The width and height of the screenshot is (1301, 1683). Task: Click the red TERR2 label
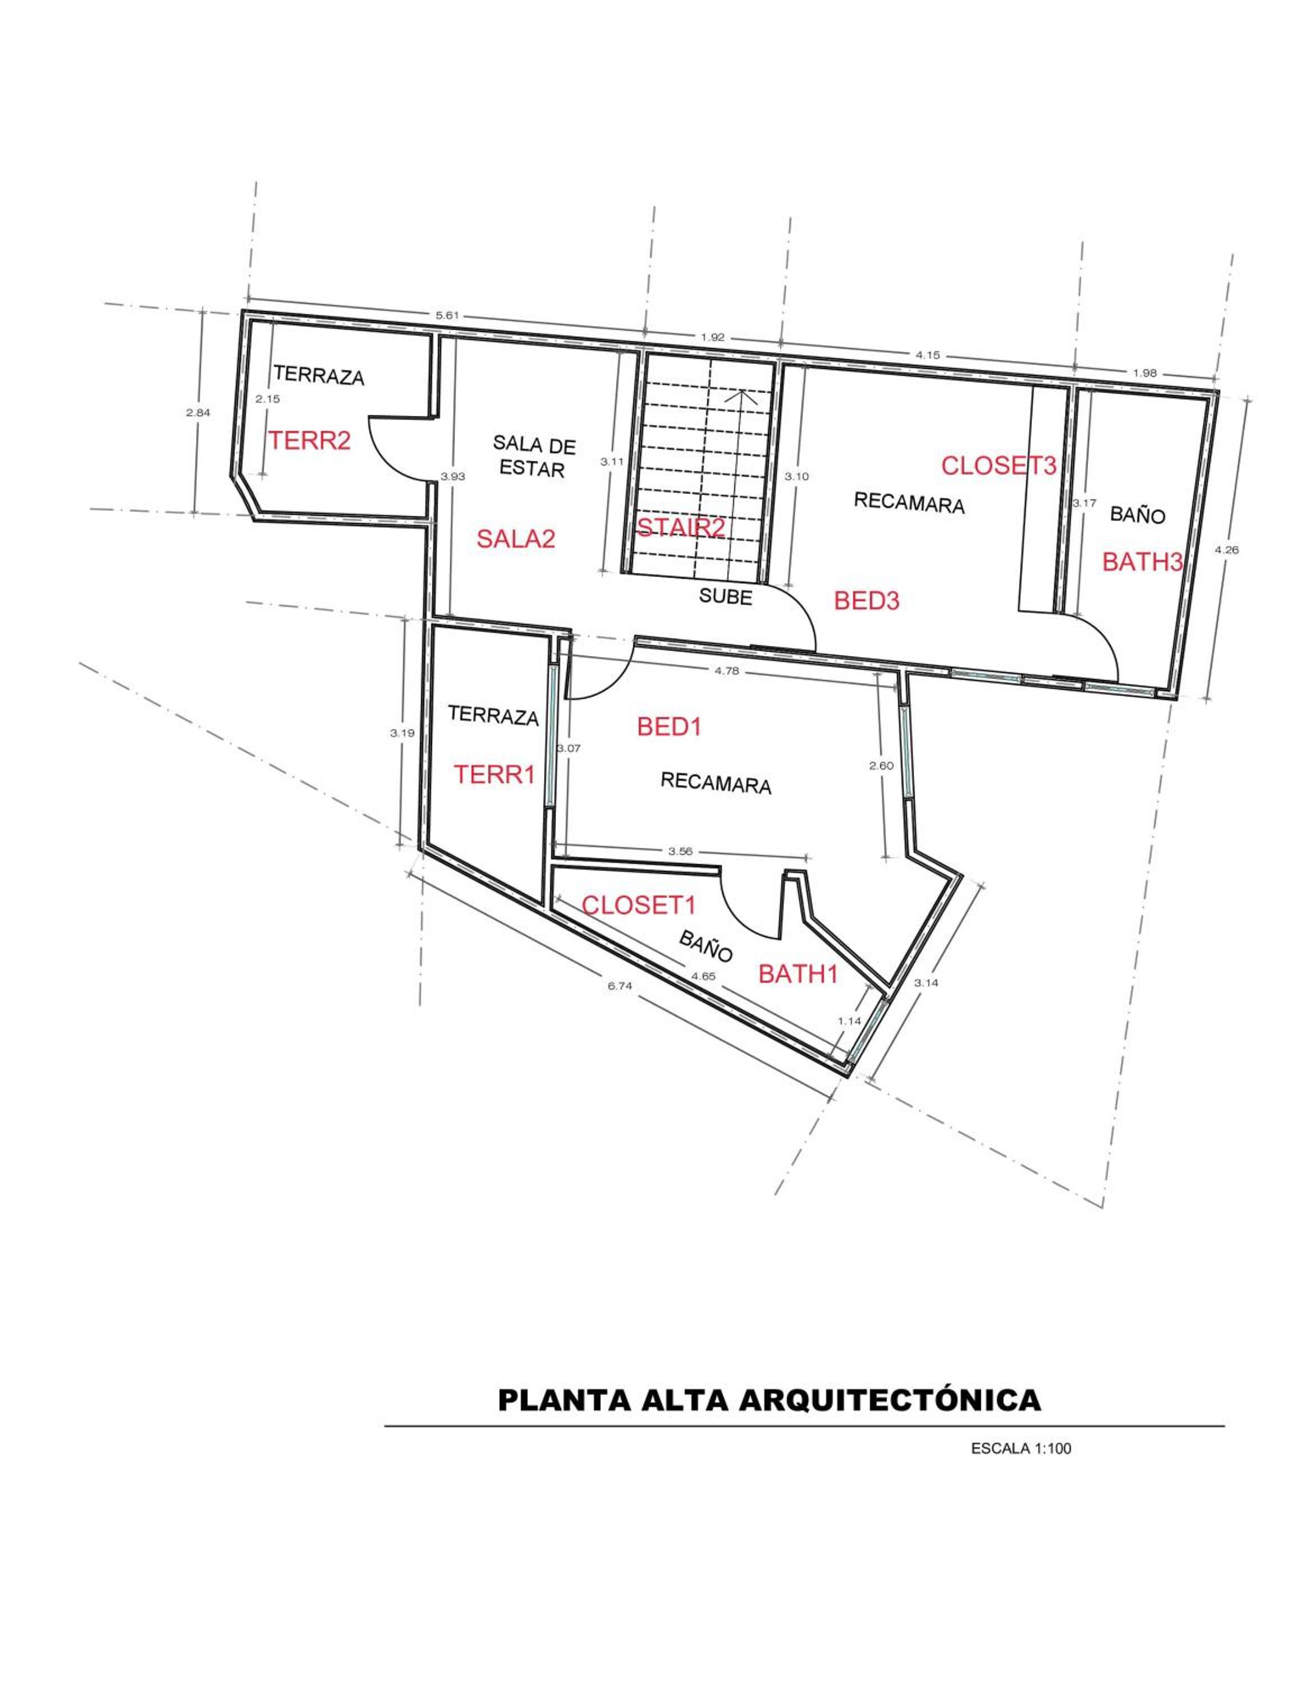click(309, 441)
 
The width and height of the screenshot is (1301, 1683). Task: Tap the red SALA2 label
click(516, 539)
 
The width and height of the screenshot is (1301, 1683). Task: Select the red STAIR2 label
click(681, 528)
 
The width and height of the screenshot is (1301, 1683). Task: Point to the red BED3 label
click(867, 600)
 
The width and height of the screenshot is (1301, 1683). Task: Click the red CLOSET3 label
click(998, 466)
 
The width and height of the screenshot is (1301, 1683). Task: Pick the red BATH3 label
click(1142, 562)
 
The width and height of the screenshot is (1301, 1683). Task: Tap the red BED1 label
click(669, 726)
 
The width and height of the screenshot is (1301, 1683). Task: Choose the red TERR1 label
click(493, 774)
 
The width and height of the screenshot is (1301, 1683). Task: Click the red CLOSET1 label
click(639, 905)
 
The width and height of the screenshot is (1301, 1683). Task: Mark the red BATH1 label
click(798, 974)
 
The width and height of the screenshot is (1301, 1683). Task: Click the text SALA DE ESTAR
click(533, 456)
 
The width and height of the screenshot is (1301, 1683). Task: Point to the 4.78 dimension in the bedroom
click(727, 670)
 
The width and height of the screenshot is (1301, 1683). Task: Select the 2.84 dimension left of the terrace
click(198, 412)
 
